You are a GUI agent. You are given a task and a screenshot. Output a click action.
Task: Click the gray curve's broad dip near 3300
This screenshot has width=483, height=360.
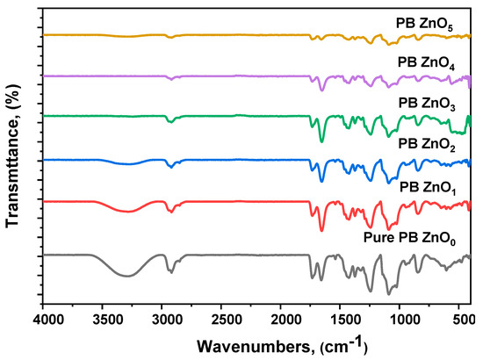pyautogui.click(x=128, y=276)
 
